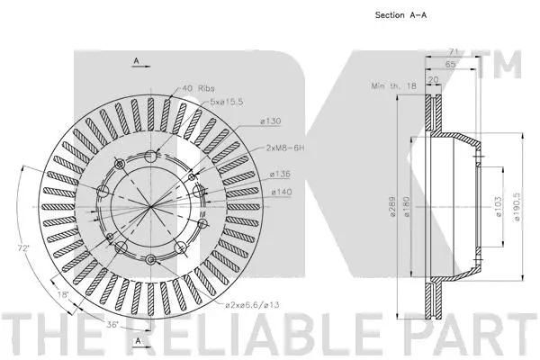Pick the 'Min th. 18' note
pyautogui.click(x=392, y=85)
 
